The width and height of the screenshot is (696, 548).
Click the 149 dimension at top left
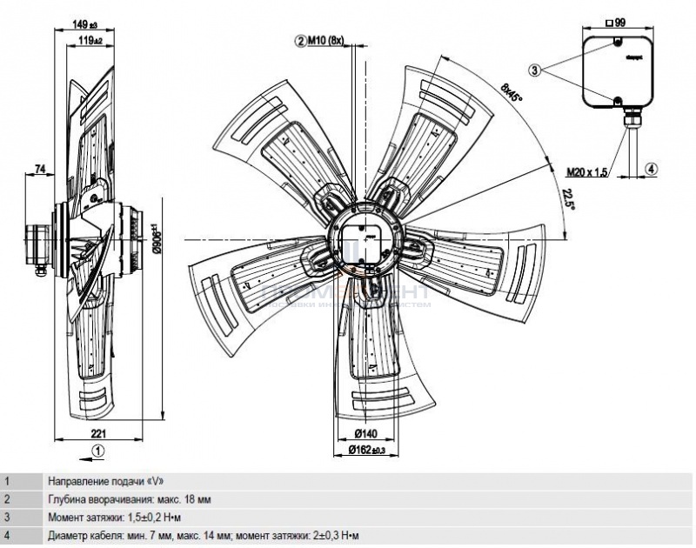84,24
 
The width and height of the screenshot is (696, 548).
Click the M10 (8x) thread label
326,40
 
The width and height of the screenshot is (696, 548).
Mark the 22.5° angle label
566,199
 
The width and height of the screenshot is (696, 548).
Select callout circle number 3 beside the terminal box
535,69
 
